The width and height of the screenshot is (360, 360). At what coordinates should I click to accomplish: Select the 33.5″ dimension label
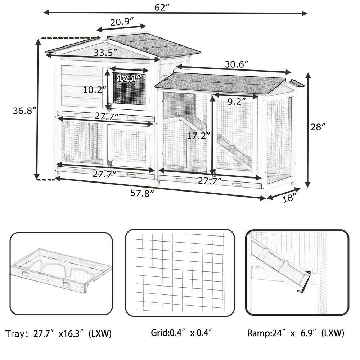click(x=105, y=53)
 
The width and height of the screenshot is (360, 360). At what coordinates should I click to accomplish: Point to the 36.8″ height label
click(x=24, y=111)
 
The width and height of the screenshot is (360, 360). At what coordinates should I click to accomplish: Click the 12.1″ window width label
click(x=128, y=78)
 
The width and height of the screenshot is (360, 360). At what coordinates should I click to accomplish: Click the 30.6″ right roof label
click(x=237, y=64)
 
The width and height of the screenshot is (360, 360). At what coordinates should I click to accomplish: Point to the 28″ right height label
click(x=318, y=127)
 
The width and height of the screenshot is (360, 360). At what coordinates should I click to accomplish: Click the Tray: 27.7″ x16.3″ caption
click(x=59, y=334)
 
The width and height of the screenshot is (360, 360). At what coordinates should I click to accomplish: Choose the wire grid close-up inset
click(x=180, y=273)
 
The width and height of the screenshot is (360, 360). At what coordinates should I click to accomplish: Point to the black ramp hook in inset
click(x=303, y=280)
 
